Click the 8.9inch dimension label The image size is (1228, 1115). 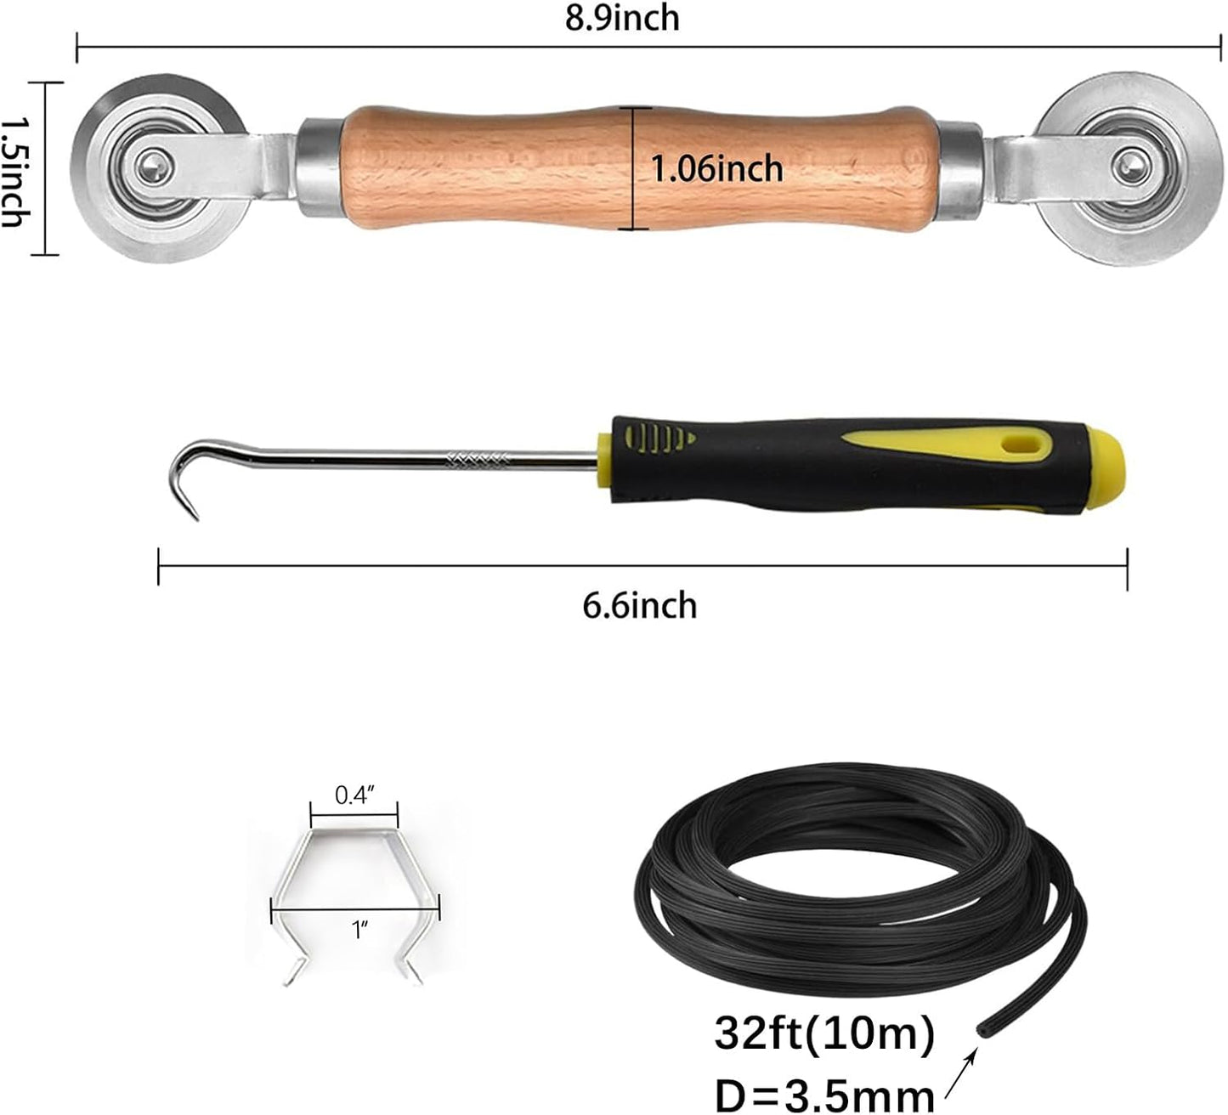(x=623, y=18)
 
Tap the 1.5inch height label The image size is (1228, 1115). (x=12, y=171)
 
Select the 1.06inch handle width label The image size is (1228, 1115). (x=716, y=168)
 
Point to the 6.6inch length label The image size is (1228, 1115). (x=640, y=606)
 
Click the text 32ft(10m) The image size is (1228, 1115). (x=824, y=1034)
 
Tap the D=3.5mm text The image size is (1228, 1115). (x=824, y=1094)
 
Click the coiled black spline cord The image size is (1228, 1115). (x=850, y=875)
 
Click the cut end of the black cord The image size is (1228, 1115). (x=982, y=1029)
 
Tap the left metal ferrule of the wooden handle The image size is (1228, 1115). (x=320, y=167)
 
